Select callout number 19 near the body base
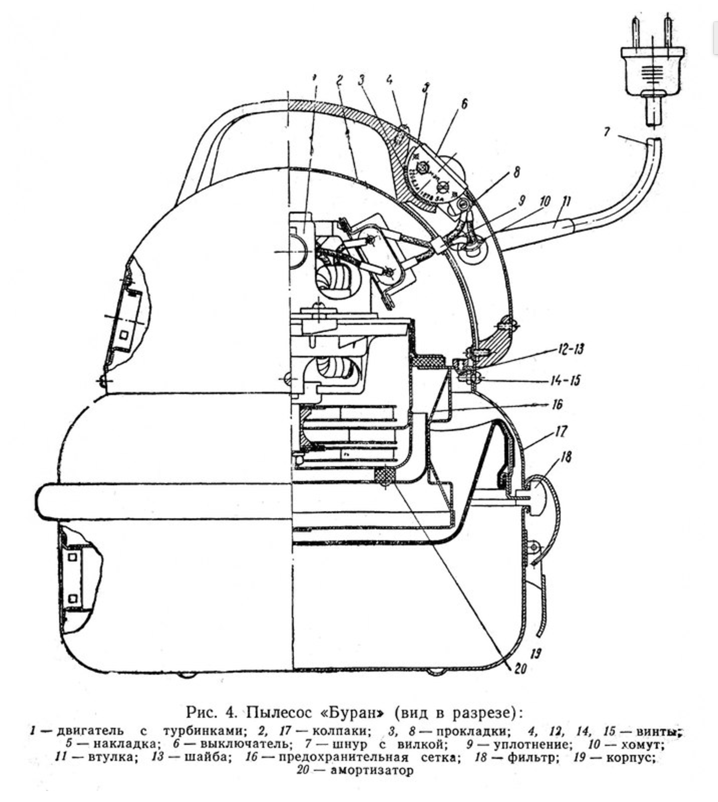click(535, 653)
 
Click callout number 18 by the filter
click(566, 457)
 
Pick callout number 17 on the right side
click(561, 431)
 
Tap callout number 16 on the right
click(557, 404)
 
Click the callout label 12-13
click(570, 349)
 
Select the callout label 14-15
click(566, 380)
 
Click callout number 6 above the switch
click(464, 104)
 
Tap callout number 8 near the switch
click(516, 173)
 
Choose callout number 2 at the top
click(339, 80)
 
